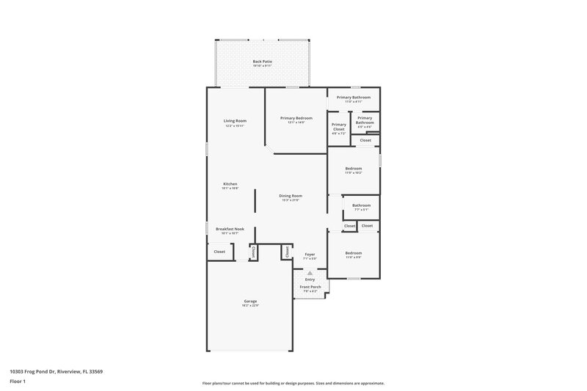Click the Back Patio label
(x=262, y=62)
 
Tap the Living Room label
(x=235, y=121)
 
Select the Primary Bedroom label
(x=296, y=118)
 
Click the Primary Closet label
(x=338, y=125)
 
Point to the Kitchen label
(x=230, y=184)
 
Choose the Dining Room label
(x=291, y=196)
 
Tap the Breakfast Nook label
(x=230, y=229)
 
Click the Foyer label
(x=310, y=254)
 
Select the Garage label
(x=250, y=302)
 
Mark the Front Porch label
(x=310, y=287)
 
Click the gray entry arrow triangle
(x=310, y=272)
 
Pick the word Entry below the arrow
(x=310, y=279)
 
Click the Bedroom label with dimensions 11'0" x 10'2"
(x=353, y=169)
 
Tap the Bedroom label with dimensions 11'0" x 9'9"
(x=353, y=253)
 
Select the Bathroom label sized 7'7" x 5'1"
(x=361, y=205)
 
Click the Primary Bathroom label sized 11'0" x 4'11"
(x=354, y=98)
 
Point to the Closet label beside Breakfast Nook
(x=219, y=252)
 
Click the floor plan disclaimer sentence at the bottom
(x=293, y=383)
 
